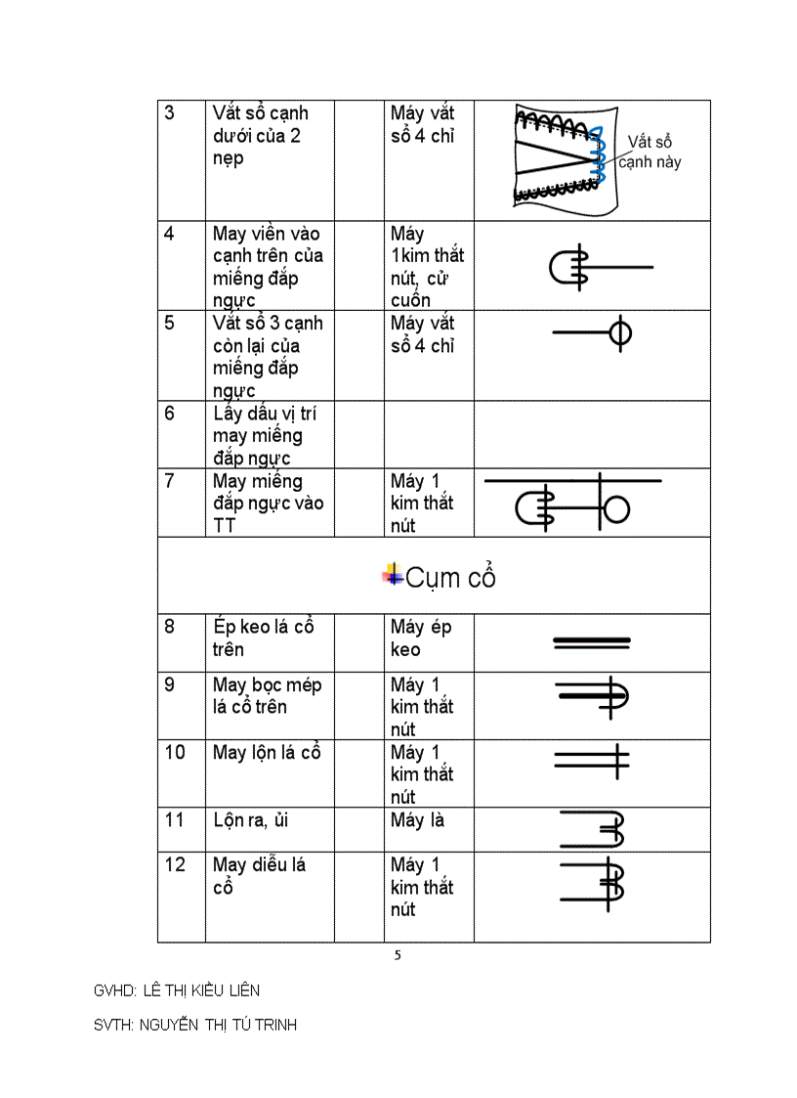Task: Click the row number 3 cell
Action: (169, 112)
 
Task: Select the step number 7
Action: (169, 481)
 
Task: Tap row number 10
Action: (174, 752)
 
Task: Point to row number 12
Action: (174, 864)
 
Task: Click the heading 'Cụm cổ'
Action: (450, 577)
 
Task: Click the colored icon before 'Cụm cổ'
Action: (394, 575)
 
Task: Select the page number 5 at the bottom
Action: (398, 955)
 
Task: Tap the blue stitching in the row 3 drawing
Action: (600, 156)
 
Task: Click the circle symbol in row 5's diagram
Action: (619, 333)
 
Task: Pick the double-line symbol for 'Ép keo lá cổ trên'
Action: (592, 642)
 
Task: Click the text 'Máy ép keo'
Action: (421, 637)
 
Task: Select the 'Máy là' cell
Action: (418, 820)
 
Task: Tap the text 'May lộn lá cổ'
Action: (267, 753)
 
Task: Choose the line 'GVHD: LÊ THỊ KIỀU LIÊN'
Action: (177, 990)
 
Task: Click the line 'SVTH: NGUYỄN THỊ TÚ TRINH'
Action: (195, 1025)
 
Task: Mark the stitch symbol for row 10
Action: (592, 760)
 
